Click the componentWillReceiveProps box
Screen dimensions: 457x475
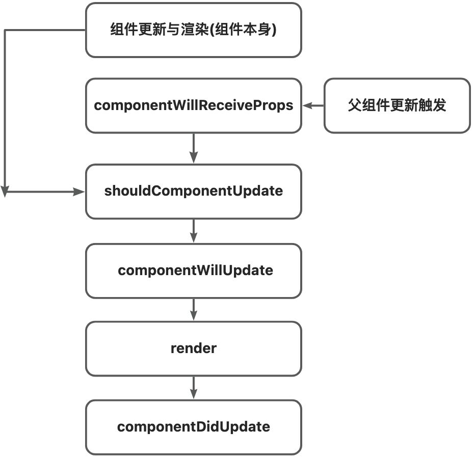tap(193, 105)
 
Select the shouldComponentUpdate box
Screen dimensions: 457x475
tap(193, 192)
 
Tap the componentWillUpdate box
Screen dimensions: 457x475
tap(193, 271)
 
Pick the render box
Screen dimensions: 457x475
tap(193, 348)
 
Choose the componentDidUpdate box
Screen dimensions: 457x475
tap(193, 427)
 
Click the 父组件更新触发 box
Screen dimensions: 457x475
tap(397, 105)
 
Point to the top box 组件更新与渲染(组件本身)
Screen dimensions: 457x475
tap(193, 30)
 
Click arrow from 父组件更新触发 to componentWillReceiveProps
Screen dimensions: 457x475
tap(313, 105)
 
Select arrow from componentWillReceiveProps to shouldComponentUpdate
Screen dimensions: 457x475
tap(193, 148)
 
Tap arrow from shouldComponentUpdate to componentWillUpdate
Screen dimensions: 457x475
tap(193, 231)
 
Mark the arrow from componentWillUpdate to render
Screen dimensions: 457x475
tap(193, 309)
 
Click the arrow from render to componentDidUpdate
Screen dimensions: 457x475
tap(193, 388)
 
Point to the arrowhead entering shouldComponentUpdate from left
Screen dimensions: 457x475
tap(78, 192)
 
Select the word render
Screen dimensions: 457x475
tap(193, 348)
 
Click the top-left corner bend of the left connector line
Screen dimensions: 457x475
tap(5, 31)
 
